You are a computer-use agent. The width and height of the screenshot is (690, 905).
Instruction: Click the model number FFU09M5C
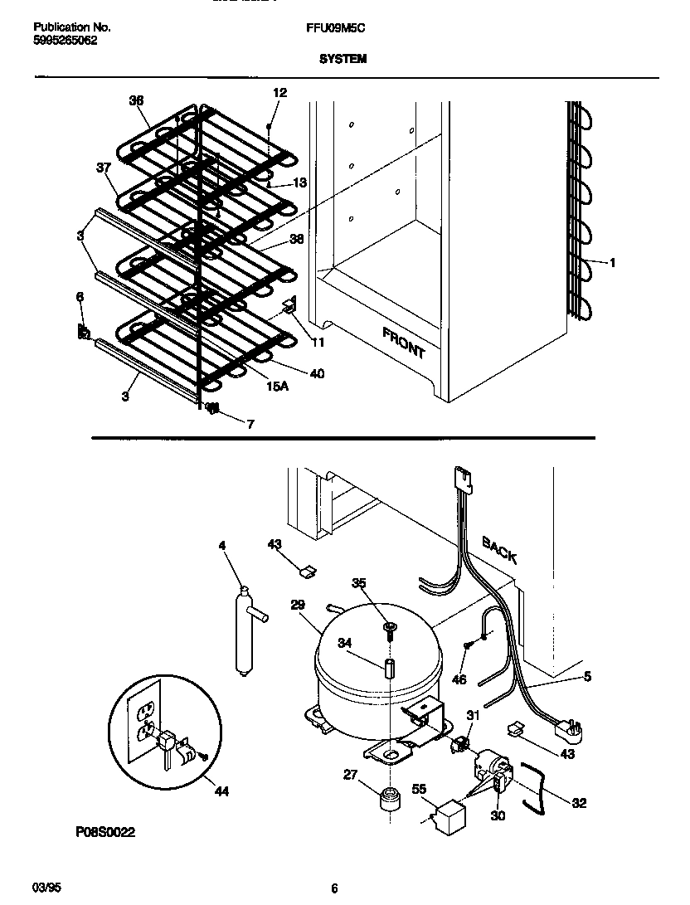click(336, 27)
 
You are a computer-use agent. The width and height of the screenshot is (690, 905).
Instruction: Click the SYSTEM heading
click(343, 59)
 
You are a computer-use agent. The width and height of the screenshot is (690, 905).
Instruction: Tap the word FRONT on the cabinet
click(404, 342)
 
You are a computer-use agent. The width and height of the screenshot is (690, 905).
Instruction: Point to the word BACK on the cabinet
click(500, 549)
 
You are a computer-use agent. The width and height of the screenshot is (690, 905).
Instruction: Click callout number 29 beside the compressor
click(298, 606)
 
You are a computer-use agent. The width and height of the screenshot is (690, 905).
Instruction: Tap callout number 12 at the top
click(279, 93)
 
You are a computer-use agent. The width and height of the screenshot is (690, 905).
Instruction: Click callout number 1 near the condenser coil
click(611, 263)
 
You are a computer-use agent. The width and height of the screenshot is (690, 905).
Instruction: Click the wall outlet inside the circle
click(147, 720)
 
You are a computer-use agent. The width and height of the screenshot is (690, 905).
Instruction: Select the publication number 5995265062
click(66, 40)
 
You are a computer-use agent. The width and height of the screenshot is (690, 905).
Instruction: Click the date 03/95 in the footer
click(48, 888)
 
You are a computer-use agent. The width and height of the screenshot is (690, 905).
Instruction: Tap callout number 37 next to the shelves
click(103, 168)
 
